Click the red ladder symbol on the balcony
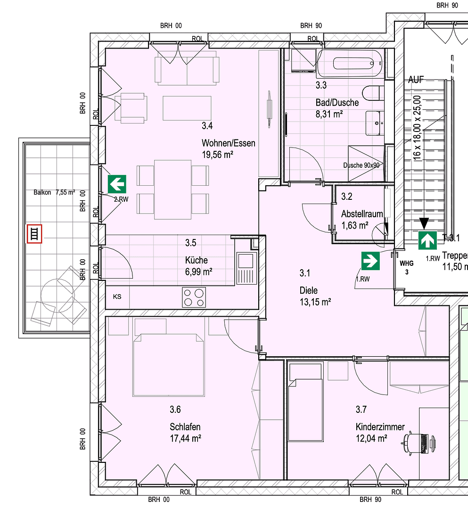point(34,234)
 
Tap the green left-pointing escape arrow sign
point(117,183)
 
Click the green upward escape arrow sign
point(427,240)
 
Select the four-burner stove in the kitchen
point(194,297)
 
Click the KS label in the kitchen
point(117,297)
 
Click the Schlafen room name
point(185,427)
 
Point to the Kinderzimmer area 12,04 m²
point(371,438)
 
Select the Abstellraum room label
point(362,214)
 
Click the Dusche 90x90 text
point(361,165)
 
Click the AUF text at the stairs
point(416,80)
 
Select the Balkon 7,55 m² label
point(54,192)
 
